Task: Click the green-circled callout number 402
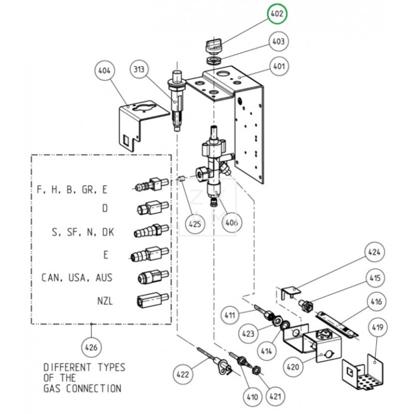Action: tap(277, 14)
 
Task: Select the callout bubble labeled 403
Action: tap(278, 41)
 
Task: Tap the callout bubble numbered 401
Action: tap(278, 66)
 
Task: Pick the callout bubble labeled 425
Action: tap(196, 224)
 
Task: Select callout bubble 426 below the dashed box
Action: tap(91, 346)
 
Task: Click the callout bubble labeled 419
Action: tap(380, 327)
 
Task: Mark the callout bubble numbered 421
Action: tap(275, 397)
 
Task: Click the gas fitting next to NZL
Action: tap(151, 299)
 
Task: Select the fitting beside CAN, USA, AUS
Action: tap(151, 277)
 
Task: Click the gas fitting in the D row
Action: tap(151, 209)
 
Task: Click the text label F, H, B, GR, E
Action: tap(72, 189)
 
